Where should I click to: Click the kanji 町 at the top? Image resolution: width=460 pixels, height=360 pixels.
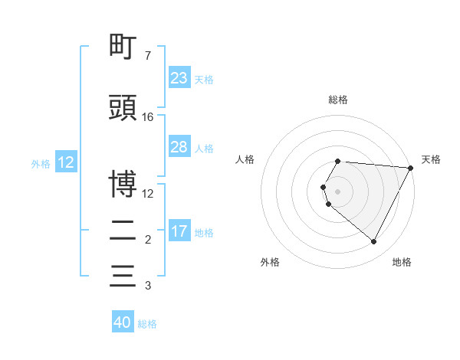[123, 48]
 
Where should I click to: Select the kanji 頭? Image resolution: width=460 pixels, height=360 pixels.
[123, 108]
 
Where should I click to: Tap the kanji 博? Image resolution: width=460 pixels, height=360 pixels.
[123, 184]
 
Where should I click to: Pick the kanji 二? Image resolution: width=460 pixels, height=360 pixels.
[123, 231]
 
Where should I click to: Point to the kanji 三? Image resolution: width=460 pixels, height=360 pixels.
[123, 276]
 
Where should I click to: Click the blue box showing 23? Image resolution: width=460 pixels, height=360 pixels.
[179, 78]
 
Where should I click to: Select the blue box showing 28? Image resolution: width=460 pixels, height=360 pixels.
[179, 147]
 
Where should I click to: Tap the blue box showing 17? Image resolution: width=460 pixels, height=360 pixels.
[179, 231]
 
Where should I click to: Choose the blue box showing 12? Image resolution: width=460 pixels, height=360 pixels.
[65, 162]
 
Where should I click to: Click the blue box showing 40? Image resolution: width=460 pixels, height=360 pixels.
[123, 322]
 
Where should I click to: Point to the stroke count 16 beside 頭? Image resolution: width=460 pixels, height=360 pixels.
[148, 117]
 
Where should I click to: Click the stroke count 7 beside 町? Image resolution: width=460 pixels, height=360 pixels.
[147, 56]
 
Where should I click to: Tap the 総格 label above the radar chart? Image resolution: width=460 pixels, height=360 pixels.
[338, 100]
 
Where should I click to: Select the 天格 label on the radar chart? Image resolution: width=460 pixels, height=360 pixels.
[432, 159]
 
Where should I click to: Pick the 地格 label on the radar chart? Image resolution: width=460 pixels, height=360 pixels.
[402, 262]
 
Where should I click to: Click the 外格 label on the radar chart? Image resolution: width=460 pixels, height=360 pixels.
[270, 262]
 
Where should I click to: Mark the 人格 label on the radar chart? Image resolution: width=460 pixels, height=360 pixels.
[245, 159]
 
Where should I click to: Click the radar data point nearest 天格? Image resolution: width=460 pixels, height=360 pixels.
[411, 168]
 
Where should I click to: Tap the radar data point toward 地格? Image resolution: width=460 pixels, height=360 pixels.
[374, 241]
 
